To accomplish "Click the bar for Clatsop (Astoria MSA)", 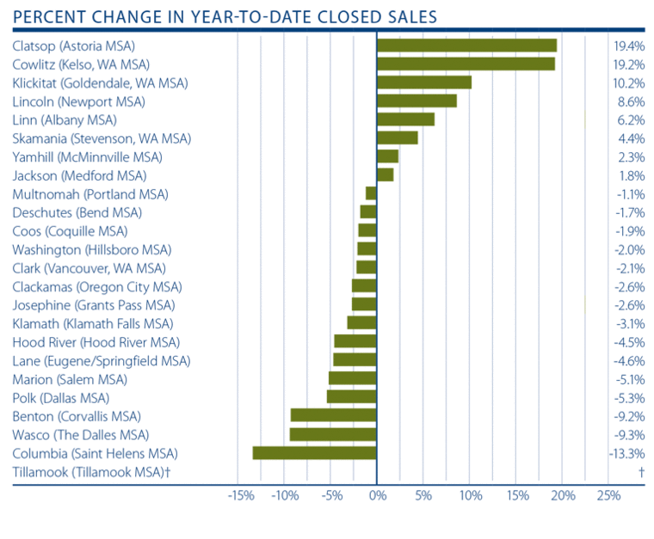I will coord(466,46).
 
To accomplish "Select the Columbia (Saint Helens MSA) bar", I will coord(314,453).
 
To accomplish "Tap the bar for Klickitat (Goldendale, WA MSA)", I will coord(424,83).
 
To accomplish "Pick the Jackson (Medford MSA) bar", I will coord(386,175).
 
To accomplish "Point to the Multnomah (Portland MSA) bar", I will coord(371,193).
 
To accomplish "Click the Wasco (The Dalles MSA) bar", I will coord(333,434).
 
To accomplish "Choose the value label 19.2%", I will coord(629,64).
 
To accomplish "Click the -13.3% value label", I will coord(627,453).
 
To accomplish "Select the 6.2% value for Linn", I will coord(632,119).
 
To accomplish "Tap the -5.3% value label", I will coord(629,397).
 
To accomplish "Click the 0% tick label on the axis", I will coord(377,496).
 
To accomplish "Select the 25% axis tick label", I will coord(608,496).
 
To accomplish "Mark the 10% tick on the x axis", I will coord(469,496).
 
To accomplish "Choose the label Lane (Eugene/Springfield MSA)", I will coord(102,360).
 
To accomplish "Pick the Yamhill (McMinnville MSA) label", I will coord(87,156).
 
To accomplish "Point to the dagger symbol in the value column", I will coord(641,471).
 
